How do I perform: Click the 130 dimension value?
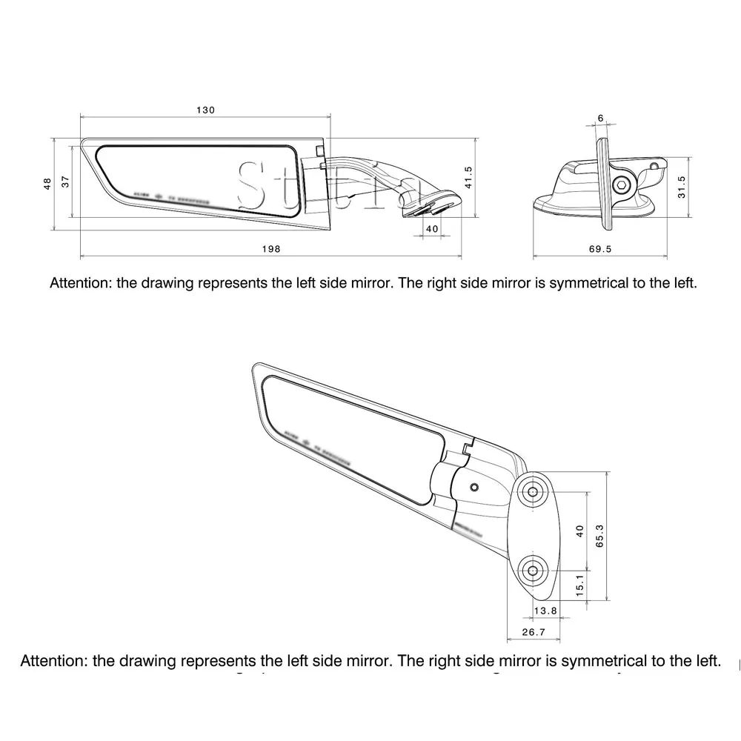(x=205, y=110)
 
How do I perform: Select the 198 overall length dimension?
(x=271, y=249)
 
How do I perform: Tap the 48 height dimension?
(x=47, y=182)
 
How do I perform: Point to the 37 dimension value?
(x=65, y=182)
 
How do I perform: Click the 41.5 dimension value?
(x=468, y=178)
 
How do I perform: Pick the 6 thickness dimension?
(x=600, y=119)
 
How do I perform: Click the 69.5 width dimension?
(x=600, y=249)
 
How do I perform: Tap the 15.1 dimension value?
(x=580, y=586)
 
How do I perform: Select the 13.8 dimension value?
(x=545, y=610)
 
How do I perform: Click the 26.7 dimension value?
(x=534, y=632)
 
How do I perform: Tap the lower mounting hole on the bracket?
(x=533, y=571)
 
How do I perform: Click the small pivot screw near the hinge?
(x=474, y=487)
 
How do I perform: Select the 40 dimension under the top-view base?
(x=433, y=229)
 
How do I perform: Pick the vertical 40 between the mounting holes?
(x=580, y=531)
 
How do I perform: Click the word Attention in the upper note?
(x=80, y=283)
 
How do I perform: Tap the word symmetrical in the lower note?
(x=592, y=660)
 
